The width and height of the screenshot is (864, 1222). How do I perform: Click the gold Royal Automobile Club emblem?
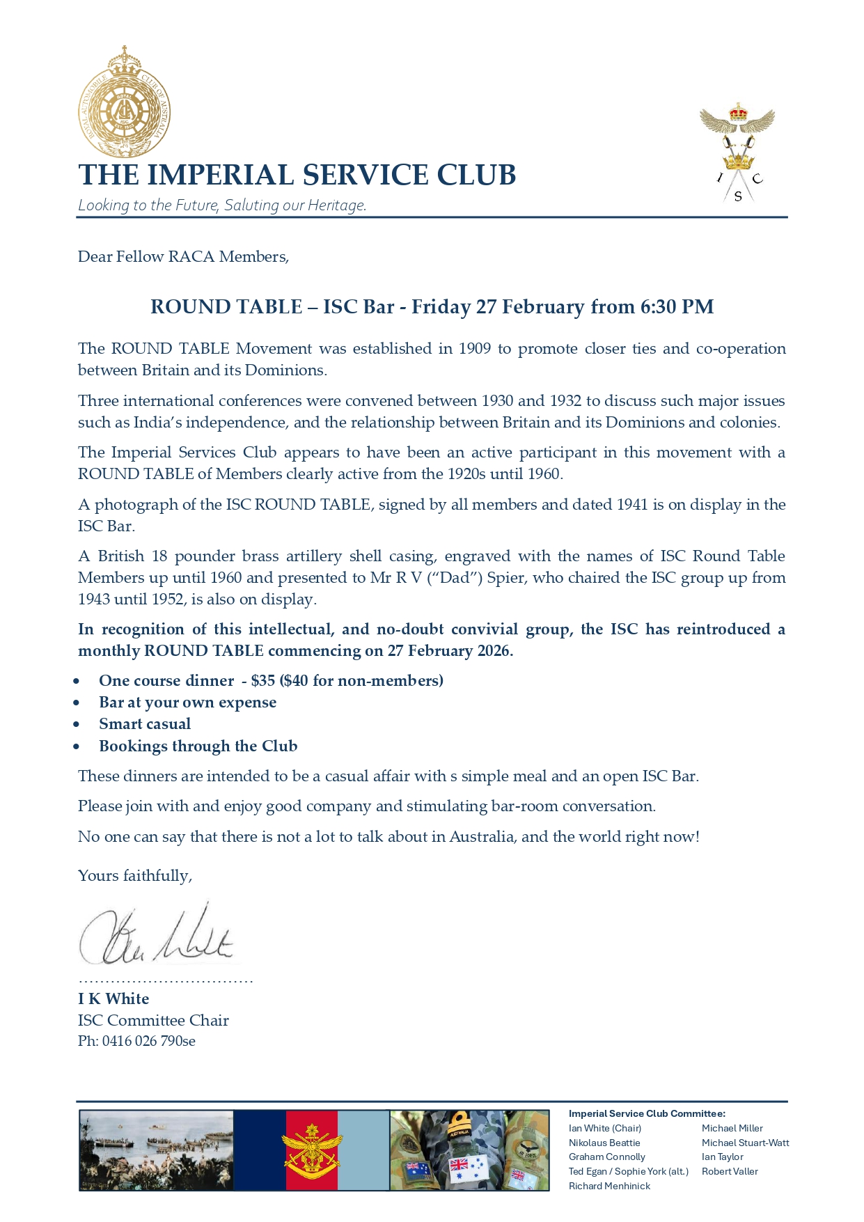pyautogui.click(x=124, y=102)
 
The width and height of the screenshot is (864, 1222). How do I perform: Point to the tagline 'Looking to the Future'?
pyautogui.click(x=150, y=205)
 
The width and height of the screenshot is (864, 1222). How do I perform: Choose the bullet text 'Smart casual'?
pyautogui.click(x=145, y=724)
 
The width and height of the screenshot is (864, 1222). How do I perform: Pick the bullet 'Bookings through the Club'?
pyautogui.click(x=198, y=746)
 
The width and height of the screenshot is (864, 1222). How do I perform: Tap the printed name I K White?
pyautogui.click(x=113, y=999)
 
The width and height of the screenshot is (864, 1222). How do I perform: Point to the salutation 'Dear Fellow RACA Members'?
pyautogui.click(x=183, y=257)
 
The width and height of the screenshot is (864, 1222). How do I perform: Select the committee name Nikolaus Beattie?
pyautogui.click(x=604, y=1143)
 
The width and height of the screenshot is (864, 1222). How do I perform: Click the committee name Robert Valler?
pyautogui.click(x=730, y=1171)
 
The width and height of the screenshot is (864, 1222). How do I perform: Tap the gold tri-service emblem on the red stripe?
pyautogui.click(x=311, y=1150)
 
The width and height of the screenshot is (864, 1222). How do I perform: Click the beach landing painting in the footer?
pyautogui.click(x=156, y=1150)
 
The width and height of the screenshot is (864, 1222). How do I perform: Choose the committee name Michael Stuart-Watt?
pyautogui.click(x=745, y=1143)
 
